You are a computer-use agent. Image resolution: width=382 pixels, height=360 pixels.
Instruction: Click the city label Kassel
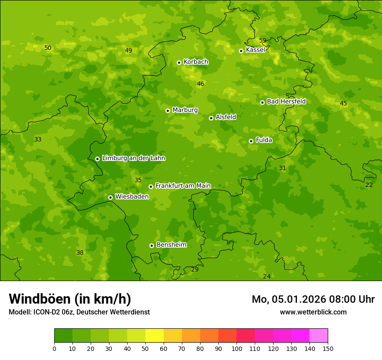click(255, 50)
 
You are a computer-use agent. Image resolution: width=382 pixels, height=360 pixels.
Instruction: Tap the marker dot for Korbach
click(179, 62)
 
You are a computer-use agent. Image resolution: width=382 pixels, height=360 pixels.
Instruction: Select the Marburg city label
click(185, 110)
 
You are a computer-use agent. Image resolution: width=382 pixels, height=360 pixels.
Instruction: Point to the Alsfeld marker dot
click(211, 118)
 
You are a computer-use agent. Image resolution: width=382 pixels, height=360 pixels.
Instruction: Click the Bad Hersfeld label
click(286, 101)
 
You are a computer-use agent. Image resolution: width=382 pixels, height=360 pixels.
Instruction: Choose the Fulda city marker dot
click(251, 141)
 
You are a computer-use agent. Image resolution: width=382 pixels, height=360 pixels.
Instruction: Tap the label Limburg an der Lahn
click(133, 158)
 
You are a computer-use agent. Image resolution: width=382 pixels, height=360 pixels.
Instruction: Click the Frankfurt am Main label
click(183, 186)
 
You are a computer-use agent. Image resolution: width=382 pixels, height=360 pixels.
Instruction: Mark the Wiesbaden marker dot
click(110, 197)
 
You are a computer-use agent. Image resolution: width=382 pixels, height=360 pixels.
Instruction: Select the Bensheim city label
click(171, 245)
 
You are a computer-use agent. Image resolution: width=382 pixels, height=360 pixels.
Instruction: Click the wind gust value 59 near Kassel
click(263, 40)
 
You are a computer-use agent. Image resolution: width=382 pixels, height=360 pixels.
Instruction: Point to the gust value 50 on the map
click(48, 48)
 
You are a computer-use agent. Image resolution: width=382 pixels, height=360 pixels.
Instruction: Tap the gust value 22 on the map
click(369, 185)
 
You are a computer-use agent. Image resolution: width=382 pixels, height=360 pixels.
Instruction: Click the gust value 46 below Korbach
click(201, 84)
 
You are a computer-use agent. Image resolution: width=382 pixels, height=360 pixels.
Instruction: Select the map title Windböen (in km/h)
click(70, 299)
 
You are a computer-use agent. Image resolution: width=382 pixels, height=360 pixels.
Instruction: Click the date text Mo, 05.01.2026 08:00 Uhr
click(313, 299)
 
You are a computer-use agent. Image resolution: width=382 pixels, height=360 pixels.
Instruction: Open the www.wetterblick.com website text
click(313, 312)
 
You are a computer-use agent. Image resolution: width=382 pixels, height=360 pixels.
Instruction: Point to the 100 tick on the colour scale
click(237, 348)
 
